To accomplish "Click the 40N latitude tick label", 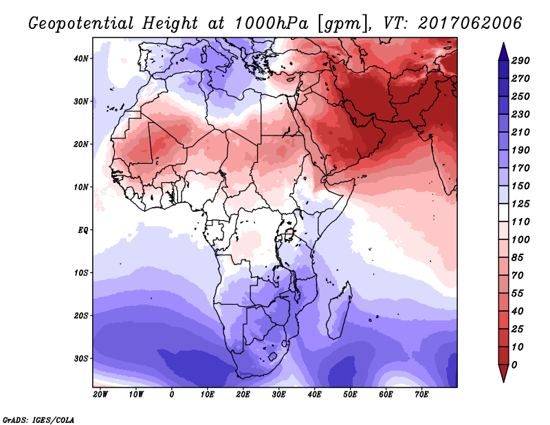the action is (81, 58).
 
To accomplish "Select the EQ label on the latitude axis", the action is (82, 230).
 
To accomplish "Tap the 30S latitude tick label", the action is (81, 358).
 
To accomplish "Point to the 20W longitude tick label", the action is (100, 395).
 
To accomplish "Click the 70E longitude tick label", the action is (421, 395).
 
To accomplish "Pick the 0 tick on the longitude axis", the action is (171, 395).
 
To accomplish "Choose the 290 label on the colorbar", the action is (520, 61).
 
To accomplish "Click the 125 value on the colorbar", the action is (520, 204).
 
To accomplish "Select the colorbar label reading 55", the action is (518, 294).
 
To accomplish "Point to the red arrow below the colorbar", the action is (503, 373).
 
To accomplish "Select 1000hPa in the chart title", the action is (271, 23).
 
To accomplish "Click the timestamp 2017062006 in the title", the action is (470, 23).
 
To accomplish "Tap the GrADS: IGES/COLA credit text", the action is (38, 419).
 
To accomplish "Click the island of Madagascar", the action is (340, 312).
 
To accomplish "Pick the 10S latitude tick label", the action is (81, 273).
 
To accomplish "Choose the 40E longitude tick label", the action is (314, 395).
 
